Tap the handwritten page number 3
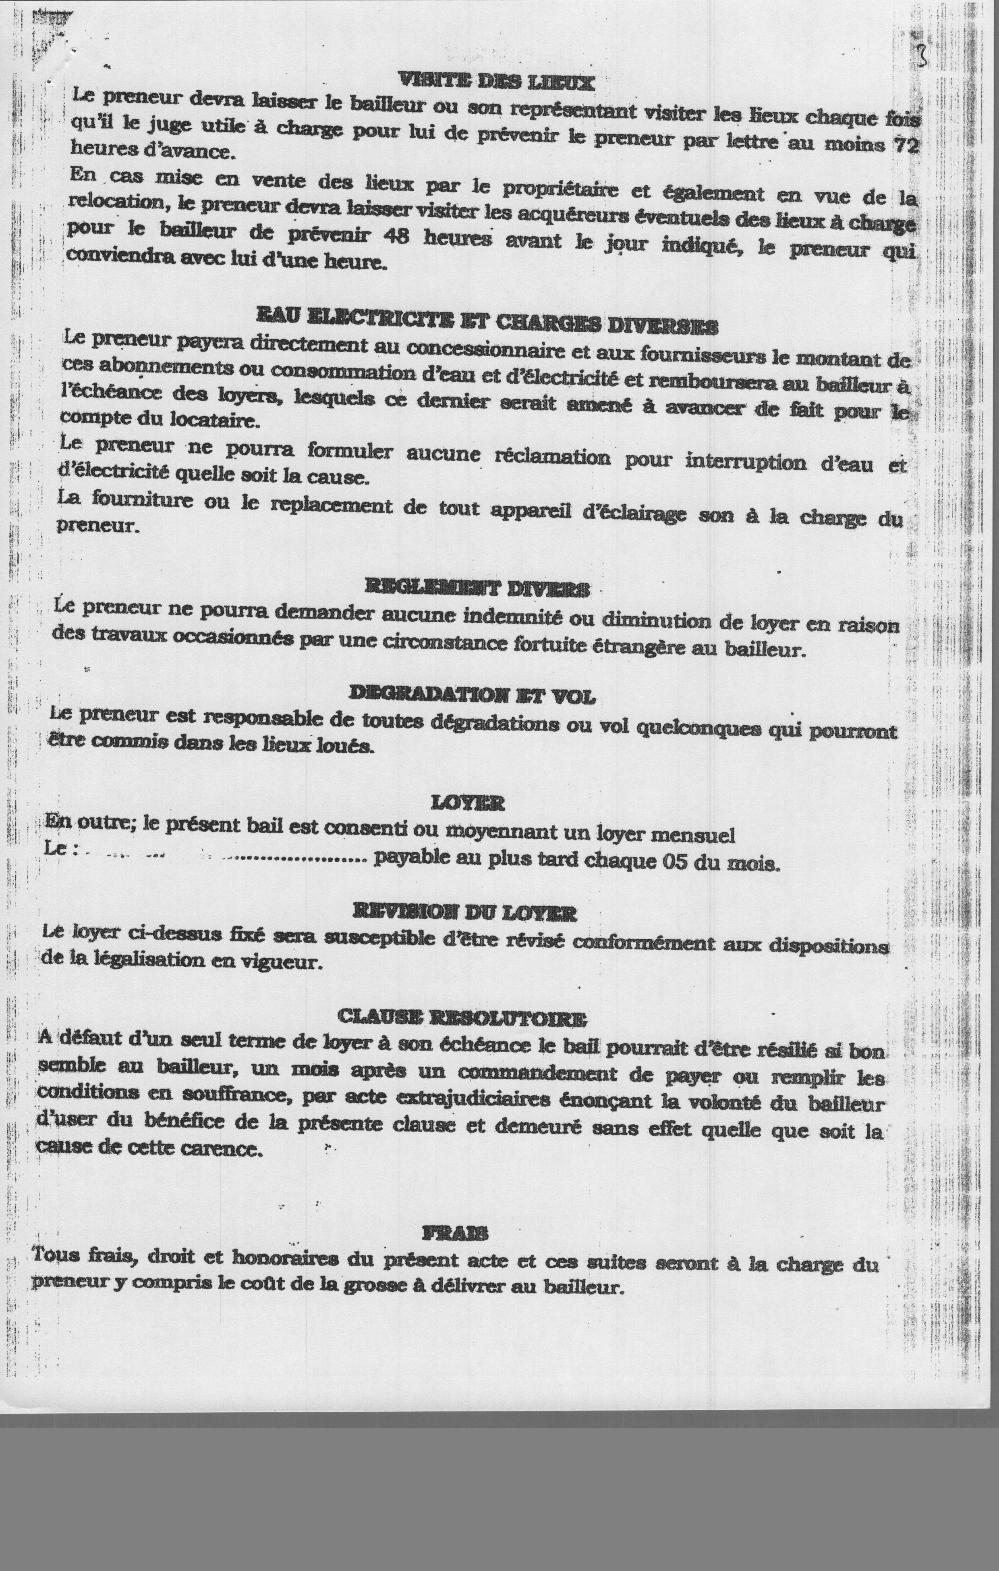tap(922, 57)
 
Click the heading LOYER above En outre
tap(468, 803)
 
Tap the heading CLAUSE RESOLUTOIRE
tap(462, 1017)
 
